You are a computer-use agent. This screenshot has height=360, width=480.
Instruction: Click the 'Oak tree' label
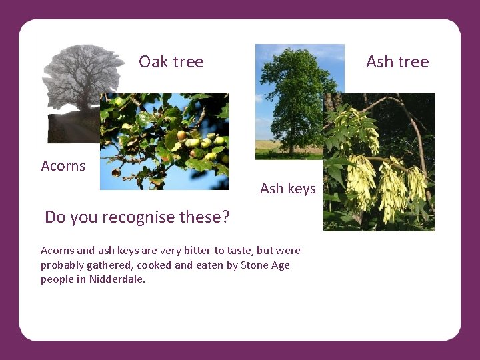pyautogui.click(x=171, y=62)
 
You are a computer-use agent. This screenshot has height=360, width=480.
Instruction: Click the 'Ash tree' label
pyautogui.click(x=397, y=62)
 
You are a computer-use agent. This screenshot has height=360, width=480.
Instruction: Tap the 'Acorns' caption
pyautogui.click(x=63, y=166)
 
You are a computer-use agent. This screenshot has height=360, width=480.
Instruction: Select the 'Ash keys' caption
pyautogui.click(x=287, y=189)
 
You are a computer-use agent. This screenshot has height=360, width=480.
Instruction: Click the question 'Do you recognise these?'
pyautogui.click(x=137, y=217)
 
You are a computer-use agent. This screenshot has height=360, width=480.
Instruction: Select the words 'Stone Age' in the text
pyautogui.click(x=265, y=265)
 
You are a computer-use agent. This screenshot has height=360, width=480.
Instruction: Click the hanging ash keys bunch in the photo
pyautogui.click(x=373, y=180)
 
